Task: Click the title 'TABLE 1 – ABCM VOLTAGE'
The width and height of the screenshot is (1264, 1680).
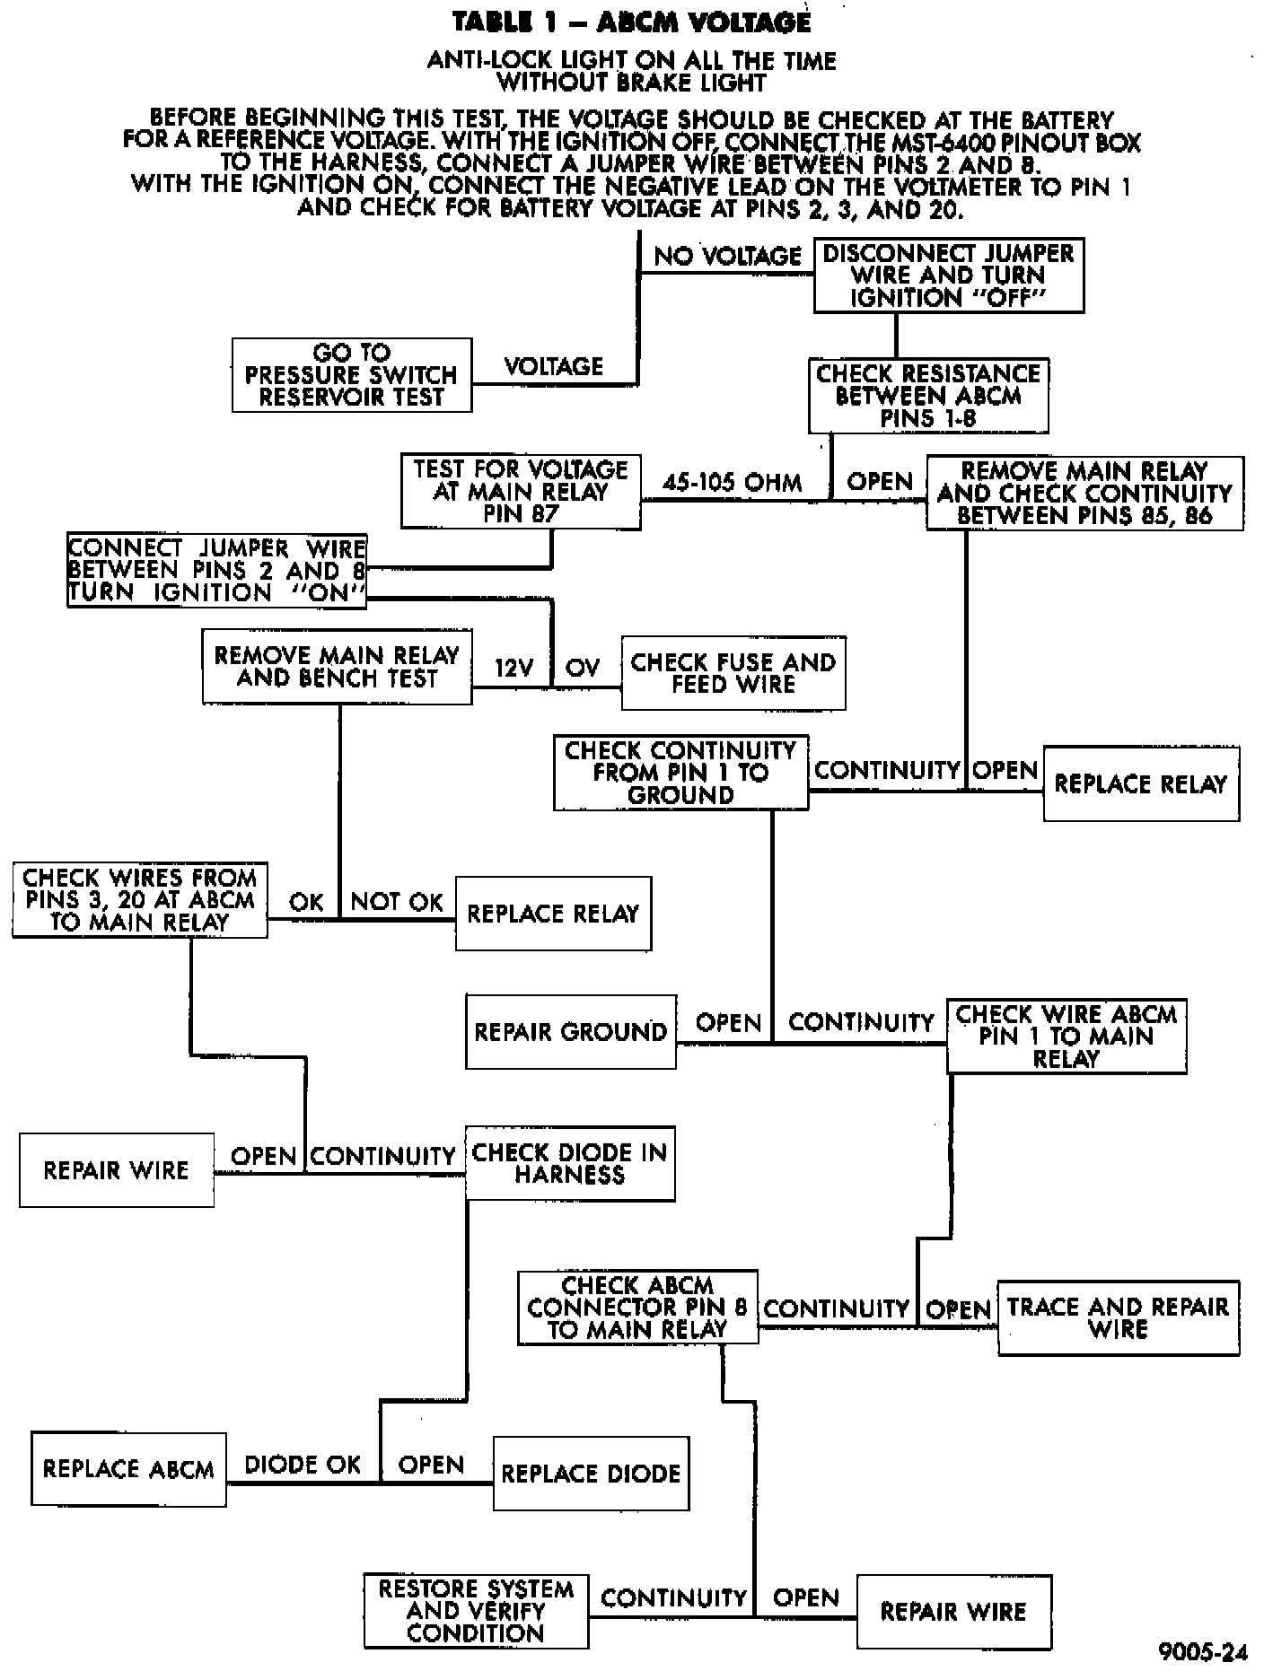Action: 631,22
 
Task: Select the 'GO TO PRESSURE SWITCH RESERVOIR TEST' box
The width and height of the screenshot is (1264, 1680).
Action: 352,375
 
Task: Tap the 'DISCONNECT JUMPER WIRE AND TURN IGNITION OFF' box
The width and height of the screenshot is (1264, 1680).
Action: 949,276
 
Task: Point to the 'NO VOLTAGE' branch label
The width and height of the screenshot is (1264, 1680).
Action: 727,257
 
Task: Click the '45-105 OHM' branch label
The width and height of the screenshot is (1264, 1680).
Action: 733,483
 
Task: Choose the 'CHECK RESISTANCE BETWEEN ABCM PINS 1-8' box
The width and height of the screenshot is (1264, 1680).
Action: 928,396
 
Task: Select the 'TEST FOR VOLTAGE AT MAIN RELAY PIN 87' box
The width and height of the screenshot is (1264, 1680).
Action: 521,492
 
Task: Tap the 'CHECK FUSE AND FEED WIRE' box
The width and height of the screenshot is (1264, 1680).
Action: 733,673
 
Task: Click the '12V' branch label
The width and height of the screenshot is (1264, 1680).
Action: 514,669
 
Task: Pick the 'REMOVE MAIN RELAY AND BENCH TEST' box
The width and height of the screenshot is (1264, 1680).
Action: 337,667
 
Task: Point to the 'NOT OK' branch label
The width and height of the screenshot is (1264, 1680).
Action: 397,902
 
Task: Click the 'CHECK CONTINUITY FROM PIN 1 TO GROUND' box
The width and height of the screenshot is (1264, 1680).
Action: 680,773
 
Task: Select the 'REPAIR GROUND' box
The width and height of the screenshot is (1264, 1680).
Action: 571,1032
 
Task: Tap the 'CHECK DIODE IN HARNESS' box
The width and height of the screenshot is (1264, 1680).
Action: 570,1164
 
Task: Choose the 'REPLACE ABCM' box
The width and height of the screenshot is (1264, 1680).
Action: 128,1469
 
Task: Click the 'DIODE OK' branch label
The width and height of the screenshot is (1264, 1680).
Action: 303,1466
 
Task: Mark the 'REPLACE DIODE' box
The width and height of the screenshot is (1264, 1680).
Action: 591,1474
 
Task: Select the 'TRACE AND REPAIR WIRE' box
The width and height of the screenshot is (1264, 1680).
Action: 1118,1317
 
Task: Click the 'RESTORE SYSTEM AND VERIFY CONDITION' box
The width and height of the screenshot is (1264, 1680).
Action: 476,1611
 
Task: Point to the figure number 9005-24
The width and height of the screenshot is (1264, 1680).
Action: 1203,1652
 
